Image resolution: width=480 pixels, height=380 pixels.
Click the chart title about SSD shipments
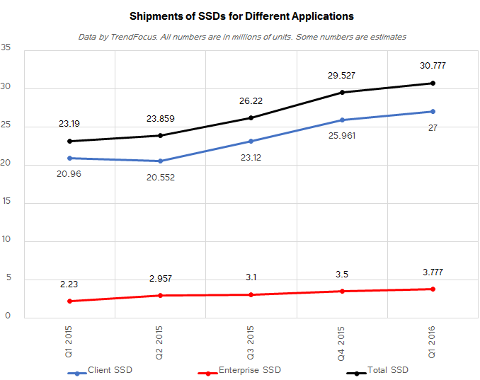click(241, 15)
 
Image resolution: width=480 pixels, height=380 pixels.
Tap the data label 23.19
click(69, 124)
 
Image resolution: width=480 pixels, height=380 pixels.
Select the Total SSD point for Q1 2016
click(433, 84)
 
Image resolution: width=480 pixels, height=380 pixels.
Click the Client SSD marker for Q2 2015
click(160, 161)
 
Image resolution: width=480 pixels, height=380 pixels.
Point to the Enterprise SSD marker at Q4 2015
click(342, 291)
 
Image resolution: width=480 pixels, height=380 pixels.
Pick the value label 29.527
click(342, 75)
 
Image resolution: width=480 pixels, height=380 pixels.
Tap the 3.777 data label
click(433, 272)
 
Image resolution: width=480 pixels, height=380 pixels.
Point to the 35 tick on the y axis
click(6, 48)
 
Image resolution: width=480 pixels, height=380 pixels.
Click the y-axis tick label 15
click(6, 203)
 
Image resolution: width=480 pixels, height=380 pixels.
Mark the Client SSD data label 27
click(433, 127)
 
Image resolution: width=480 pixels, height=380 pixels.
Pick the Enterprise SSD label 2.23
click(69, 284)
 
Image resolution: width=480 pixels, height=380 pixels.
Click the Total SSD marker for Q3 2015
click(251, 117)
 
